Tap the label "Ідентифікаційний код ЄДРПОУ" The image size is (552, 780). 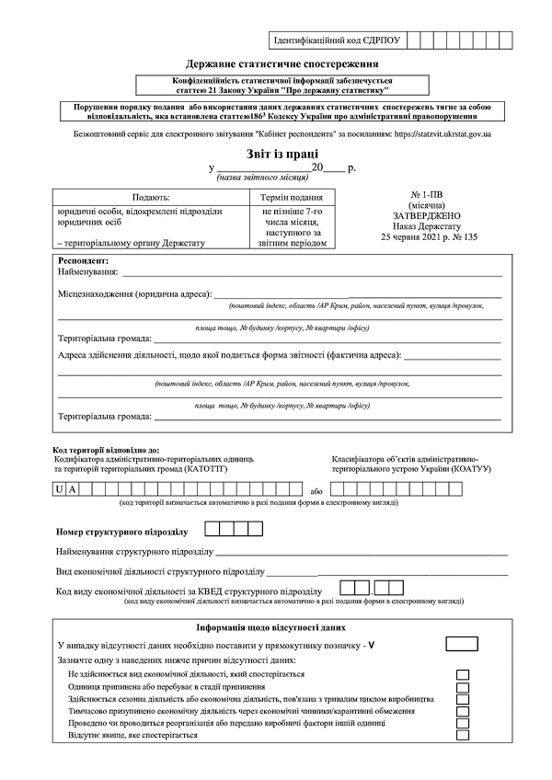pyautogui.click(x=337, y=41)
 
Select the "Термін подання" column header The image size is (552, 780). pyautogui.click(x=291, y=198)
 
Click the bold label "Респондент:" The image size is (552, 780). pyautogui.click(x=84, y=261)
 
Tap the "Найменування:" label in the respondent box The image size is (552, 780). pyautogui.click(x=88, y=272)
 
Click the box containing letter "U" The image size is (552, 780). pyautogui.click(x=60, y=488)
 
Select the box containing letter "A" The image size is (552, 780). pyautogui.click(x=75, y=488)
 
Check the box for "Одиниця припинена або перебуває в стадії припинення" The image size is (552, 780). pyautogui.click(x=463, y=687)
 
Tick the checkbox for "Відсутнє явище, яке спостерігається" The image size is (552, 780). pyautogui.click(x=463, y=737)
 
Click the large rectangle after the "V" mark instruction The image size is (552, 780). pyautogui.click(x=461, y=644)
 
